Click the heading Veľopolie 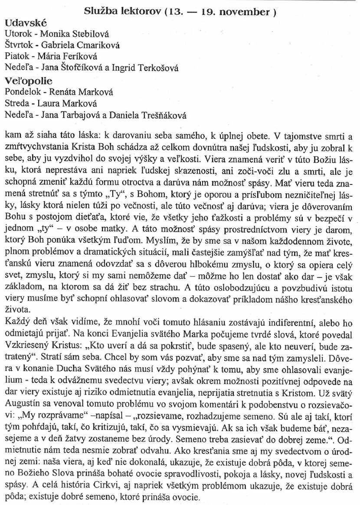click(28, 81)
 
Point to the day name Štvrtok click(18, 45)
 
